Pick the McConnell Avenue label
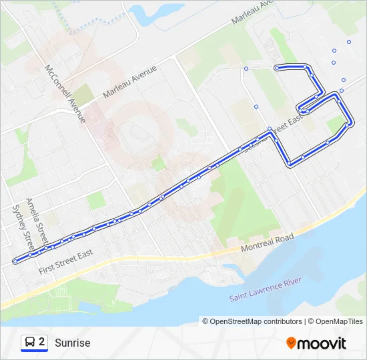coord(65,93)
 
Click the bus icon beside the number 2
coord(30,343)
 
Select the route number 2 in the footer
coord(42,342)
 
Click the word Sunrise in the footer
coord(72,343)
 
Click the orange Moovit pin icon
coord(291,343)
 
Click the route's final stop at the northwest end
coord(276,67)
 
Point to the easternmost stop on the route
coord(350,124)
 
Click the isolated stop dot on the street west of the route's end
coord(246,68)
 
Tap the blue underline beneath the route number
coord(34,351)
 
